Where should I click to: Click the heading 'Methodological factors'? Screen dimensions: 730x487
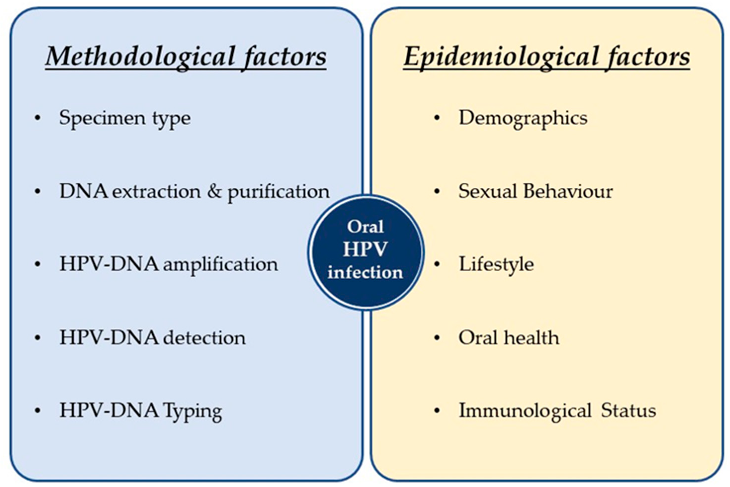point(186,57)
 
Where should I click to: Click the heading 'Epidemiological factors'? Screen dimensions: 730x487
point(546,57)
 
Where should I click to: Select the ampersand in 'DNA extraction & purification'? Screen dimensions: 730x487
point(214,191)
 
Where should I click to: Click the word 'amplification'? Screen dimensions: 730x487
point(220,265)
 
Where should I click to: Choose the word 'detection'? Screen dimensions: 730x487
point(204,338)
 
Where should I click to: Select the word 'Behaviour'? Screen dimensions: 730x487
point(568,191)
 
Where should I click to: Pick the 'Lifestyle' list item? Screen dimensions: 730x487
point(496,265)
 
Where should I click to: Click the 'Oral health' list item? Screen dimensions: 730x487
point(509,338)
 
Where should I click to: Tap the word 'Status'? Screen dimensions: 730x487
point(628,410)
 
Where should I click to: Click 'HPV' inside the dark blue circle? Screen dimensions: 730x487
point(365,249)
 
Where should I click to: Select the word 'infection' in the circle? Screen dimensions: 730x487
point(365,272)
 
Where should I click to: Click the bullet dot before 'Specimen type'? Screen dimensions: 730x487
point(38,118)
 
